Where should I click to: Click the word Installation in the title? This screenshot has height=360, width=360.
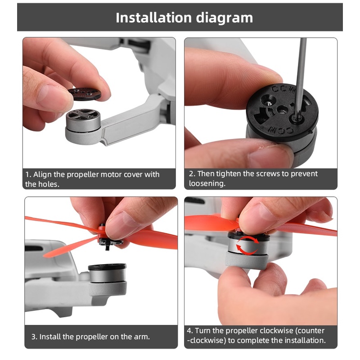(x=153, y=18)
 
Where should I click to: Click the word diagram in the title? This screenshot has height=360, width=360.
(x=224, y=18)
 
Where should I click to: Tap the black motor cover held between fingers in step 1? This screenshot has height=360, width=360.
(x=85, y=93)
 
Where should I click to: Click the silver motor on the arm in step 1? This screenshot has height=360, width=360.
(x=83, y=121)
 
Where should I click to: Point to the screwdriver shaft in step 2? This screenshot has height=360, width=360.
(x=301, y=76)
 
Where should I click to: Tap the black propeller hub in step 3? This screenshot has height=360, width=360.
(x=108, y=239)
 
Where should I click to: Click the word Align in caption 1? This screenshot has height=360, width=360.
(x=42, y=175)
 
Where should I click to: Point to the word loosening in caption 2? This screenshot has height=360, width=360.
(x=207, y=183)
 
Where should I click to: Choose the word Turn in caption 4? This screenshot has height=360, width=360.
(x=202, y=331)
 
